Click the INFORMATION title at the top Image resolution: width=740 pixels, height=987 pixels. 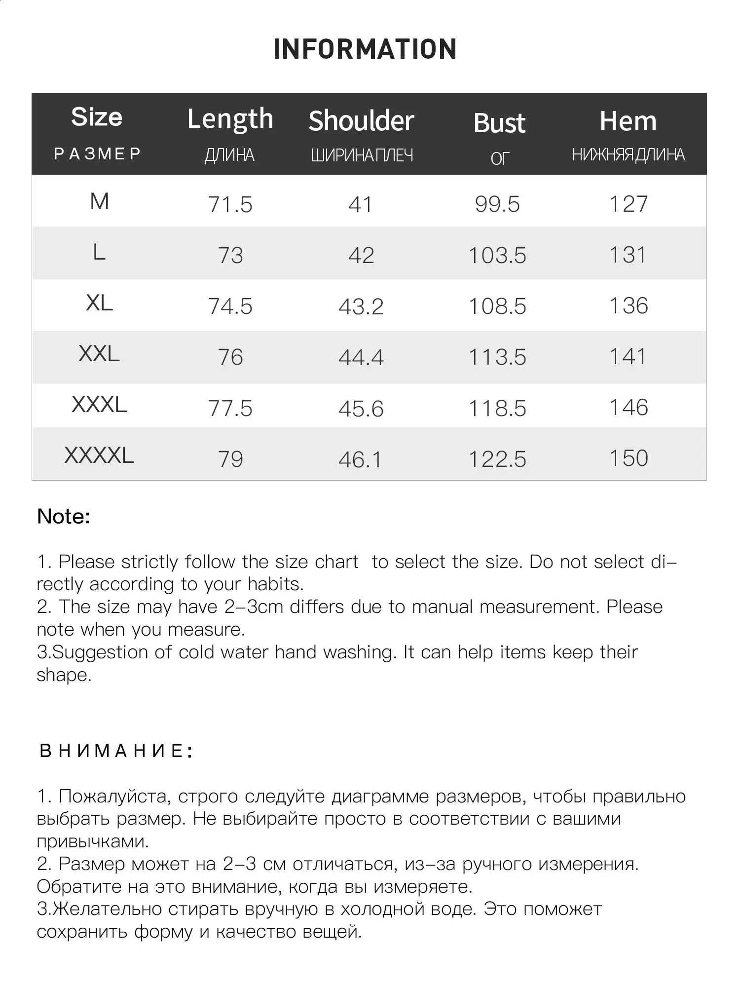click(365, 49)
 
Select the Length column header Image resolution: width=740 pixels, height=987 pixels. click(230, 119)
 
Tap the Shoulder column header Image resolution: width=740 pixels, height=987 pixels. click(361, 121)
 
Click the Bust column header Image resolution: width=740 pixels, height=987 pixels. click(499, 123)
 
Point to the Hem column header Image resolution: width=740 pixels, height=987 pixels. click(628, 121)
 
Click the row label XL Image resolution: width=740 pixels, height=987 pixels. click(99, 303)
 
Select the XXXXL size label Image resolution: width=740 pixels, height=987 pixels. click(99, 455)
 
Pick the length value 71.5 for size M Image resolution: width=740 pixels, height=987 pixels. click(230, 204)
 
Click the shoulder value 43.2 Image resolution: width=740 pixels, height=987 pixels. click(361, 306)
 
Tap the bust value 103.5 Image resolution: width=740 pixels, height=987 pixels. click(497, 256)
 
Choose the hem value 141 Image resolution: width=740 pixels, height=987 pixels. click(628, 357)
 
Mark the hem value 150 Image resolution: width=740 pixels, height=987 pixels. click(629, 458)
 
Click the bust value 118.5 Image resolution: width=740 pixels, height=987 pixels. click(497, 409)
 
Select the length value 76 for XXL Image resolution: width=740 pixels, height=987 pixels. click(230, 357)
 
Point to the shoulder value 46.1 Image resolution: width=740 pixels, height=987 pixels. click(360, 460)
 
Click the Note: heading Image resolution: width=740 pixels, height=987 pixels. click(64, 517)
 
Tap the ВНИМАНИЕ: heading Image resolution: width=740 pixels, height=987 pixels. click(115, 751)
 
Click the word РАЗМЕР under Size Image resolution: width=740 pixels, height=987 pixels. click(97, 154)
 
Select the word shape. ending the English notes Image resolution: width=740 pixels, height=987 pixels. click(64, 675)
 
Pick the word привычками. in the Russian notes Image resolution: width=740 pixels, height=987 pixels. click(93, 841)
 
